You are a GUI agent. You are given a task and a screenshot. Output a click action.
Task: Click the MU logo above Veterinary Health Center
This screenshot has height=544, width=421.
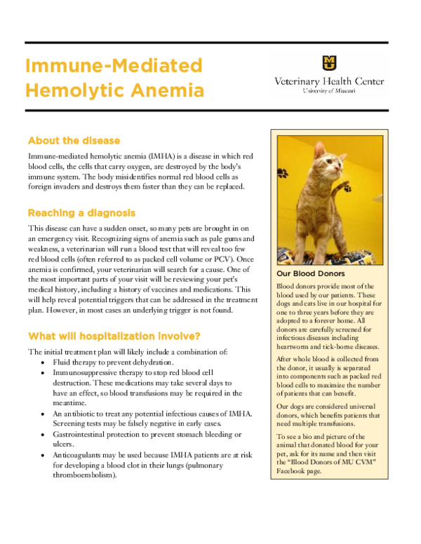[328, 62]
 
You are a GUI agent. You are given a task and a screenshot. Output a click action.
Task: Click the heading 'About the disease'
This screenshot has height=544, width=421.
[74, 140]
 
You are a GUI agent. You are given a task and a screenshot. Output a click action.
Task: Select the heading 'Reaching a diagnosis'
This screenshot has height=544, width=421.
[81, 212]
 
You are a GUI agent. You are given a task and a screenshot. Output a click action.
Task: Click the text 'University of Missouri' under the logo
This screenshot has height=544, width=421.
[329, 91]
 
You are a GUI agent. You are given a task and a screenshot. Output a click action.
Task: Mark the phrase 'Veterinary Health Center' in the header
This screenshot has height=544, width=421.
[329, 81]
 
